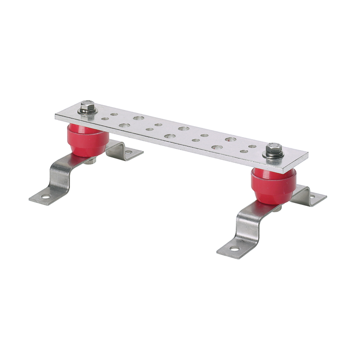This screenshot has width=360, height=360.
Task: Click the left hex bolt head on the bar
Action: click(x=88, y=106)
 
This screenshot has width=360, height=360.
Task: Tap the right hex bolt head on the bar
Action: click(x=274, y=148)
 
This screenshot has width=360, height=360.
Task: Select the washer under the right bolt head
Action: click(x=274, y=155)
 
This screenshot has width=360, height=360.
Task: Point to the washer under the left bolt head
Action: click(x=88, y=112)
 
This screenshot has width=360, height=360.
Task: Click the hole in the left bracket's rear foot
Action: click(x=129, y=152)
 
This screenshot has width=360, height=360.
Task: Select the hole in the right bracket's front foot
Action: click(x=234, y=249)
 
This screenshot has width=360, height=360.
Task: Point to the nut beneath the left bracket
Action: click(x=90, y=161)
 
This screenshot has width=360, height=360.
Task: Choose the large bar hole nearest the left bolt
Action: click(x=124, y=125)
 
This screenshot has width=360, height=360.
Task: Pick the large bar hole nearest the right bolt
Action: click(x=230, y=139)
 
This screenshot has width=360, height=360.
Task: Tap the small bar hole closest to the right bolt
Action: click(x=252, y=146)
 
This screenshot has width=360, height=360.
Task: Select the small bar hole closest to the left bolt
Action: click(x=105, y=119)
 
